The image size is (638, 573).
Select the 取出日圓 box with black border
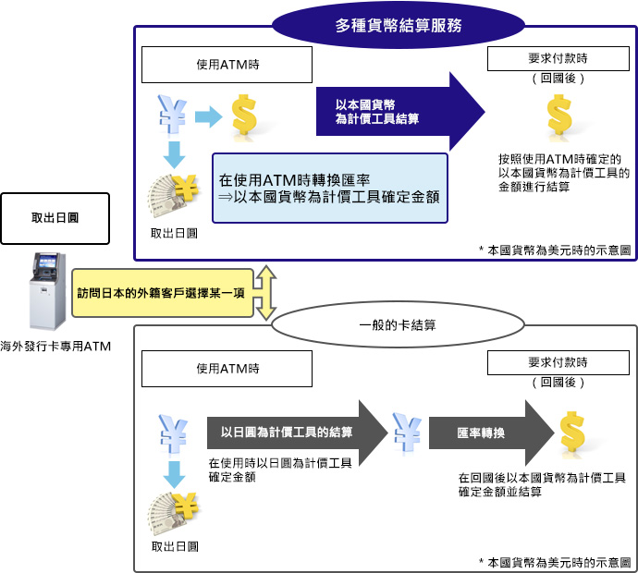[55, 218]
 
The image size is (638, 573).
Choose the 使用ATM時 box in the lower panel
[227, 368]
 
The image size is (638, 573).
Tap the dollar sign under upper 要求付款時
[559, 116]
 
